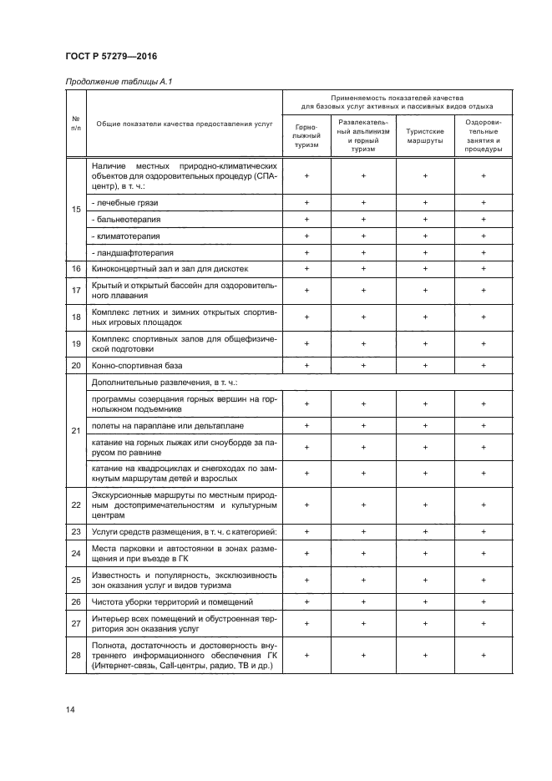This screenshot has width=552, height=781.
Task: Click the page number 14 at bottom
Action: click(70, 709)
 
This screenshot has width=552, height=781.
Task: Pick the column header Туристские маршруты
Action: click(425, 135)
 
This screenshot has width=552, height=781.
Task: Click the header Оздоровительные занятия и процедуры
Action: click(484, 135)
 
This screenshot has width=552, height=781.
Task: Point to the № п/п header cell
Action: click(75, 123)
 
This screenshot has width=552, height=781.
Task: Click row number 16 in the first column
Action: click(75, 269)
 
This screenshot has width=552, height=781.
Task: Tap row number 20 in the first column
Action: click(75, 366)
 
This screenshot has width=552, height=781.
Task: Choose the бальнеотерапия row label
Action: click(127, 220)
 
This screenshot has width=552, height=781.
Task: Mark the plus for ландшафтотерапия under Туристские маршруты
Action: click(425, 252)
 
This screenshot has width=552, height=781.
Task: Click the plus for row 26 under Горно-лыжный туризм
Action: click(306, 601)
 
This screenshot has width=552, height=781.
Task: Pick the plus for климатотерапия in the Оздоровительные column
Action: click(484, 236)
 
